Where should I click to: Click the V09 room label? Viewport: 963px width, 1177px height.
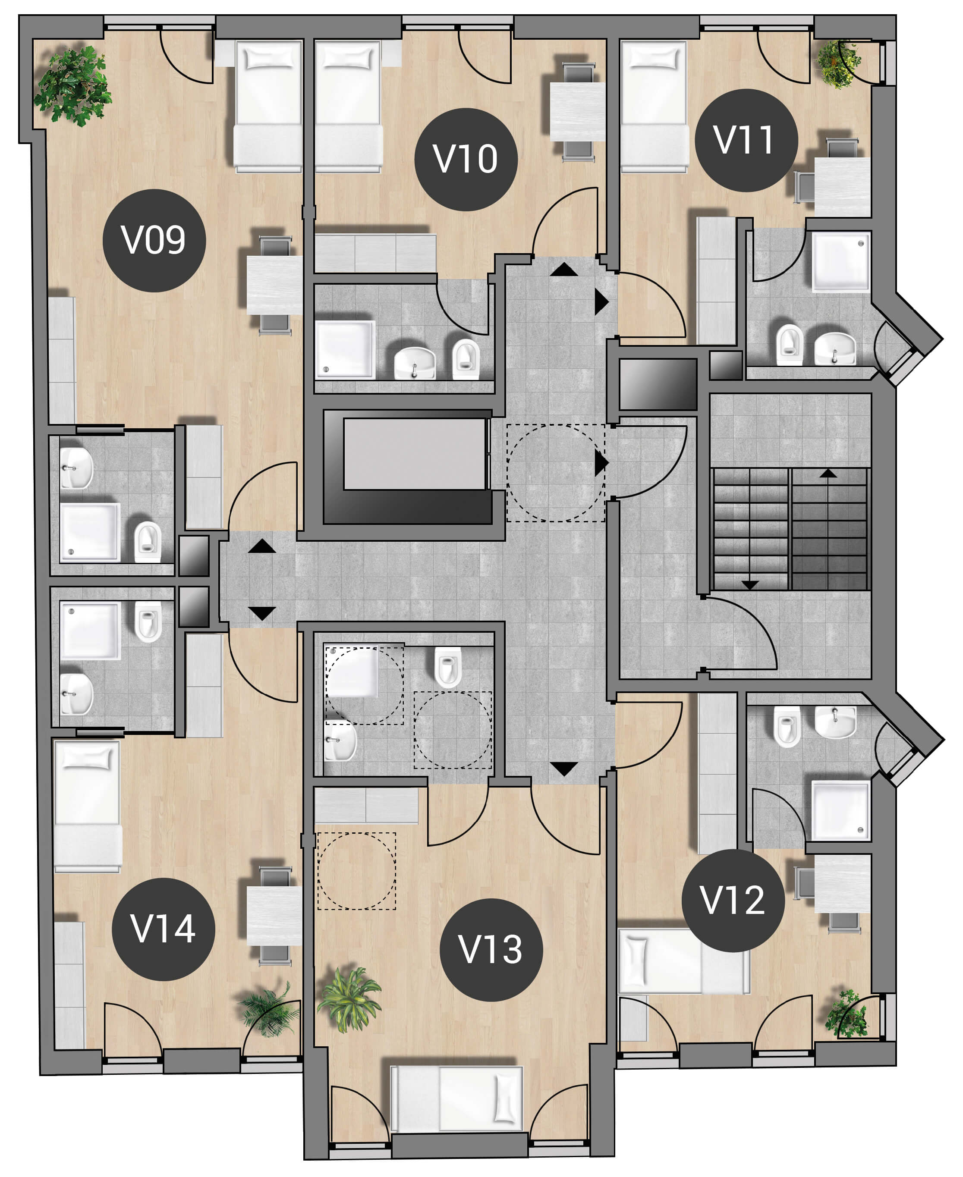[x=154, y=241]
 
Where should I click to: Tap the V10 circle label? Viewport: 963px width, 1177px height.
[x=466, y=159]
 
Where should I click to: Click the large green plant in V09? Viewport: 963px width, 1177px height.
[x=72, y=85]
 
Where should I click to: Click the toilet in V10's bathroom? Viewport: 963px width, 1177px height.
[x=466, y=359]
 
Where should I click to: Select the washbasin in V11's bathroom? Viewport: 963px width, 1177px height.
[x=835, y=348]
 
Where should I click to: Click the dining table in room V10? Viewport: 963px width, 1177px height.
[x=577, y=111]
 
